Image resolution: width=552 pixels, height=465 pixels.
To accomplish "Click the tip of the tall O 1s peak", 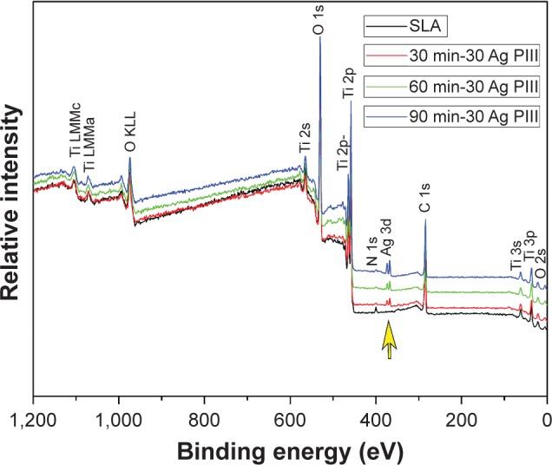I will click(320, 38).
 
